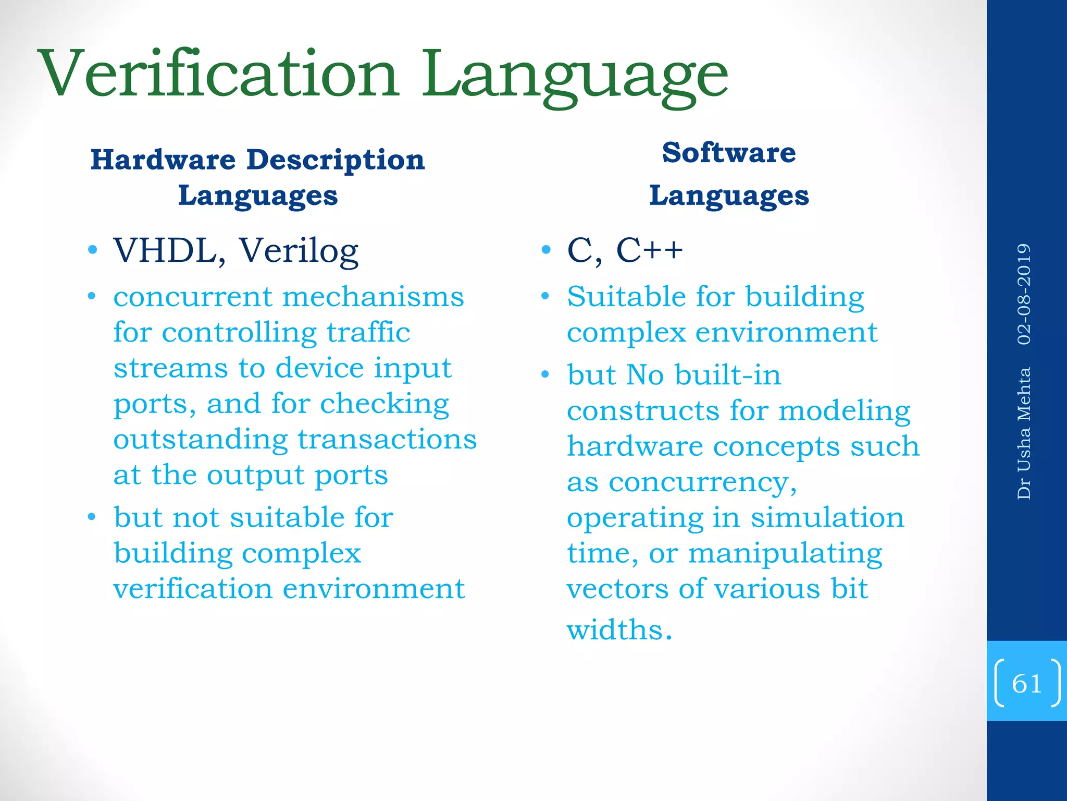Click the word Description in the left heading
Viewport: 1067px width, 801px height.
pyautogui.click(x=336, y=160)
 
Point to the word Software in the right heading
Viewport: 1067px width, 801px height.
pyautogui.click(x=729, y=153)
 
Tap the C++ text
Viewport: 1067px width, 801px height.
pyautogui.click(x=649, y=250)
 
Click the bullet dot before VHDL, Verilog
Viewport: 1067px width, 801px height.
pyautogui.click(x=93, y=250)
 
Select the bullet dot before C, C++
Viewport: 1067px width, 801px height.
pyautogui.click(x=545, y=250)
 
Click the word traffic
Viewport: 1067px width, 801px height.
pyautogui.click(x=368, y=332)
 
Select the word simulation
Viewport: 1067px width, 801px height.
pyautogui.click(x=827, y=518)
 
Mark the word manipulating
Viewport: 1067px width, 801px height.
pyautogui.click(x=785, y=554)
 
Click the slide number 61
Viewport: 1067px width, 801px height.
pyautogui.click(x=1026, y=683)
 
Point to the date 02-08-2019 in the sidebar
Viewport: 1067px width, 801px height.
pyautogui.click(x=1024, y=294)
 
